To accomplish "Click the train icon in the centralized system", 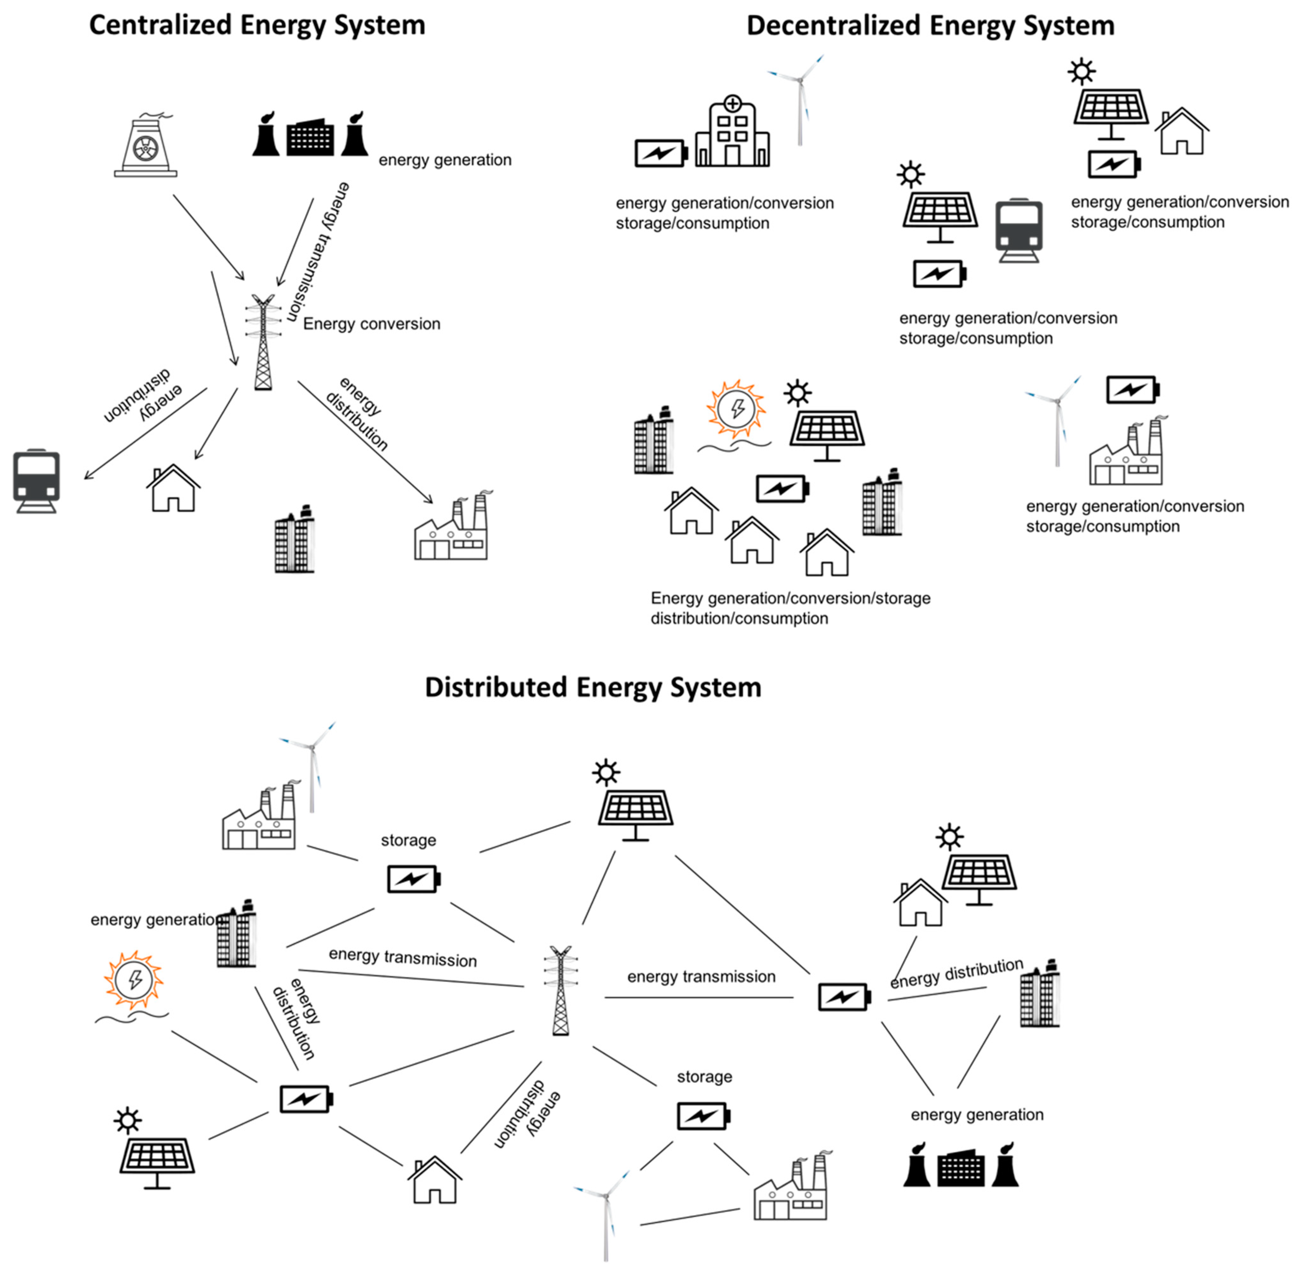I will click(x=36, y=480).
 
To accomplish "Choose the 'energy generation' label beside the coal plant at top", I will click(x=445, y=160).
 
